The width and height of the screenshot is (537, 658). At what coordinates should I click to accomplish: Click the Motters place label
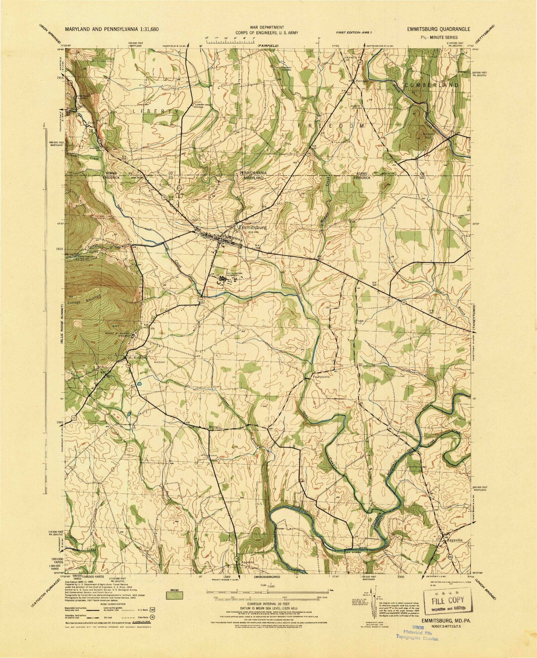coord(215,427)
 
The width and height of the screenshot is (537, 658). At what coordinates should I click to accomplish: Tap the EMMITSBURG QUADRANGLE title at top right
coord(438,29)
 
